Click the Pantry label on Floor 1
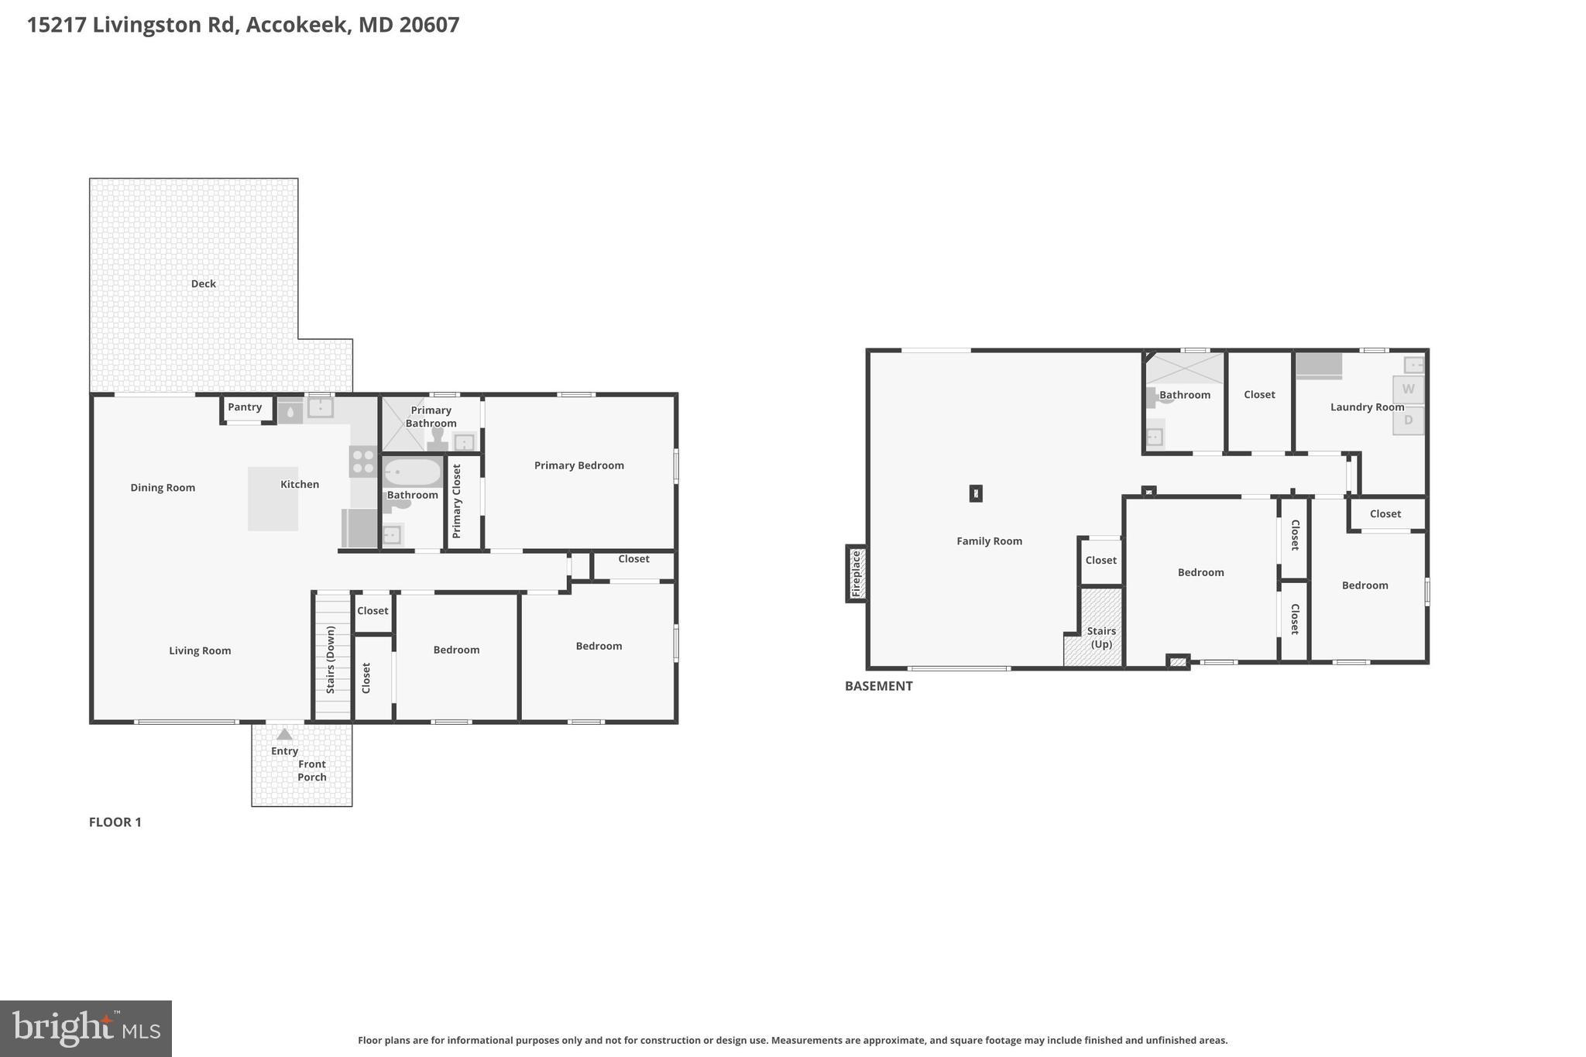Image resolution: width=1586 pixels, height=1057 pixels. pyautogui.click(x=245, y=407)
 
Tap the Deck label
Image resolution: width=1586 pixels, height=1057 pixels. pyautogui.click(x=204, y=283)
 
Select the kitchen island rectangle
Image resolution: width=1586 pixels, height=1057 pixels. pyautogui.click(x=273, y=499)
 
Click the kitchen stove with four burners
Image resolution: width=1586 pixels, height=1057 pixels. pyautogui.click(x=362, y=462)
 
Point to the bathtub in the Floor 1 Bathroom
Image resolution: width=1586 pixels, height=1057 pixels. pyautogui.click(x=412, y=472)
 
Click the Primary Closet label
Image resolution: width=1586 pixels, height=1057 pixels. pyautogui.click(x=457, y=501)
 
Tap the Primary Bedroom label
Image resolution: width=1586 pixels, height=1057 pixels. pyautogui.click(x=578, y=465)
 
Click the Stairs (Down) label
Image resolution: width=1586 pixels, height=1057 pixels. pyautogui.click(x=331, y=660)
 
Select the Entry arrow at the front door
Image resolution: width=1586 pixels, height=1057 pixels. pyautogui.click(x=284, y=735)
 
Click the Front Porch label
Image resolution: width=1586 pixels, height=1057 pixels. pyautogui.click(x=312, y=770)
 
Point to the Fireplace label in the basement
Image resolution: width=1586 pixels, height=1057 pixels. pyautogui.click(x=857, y=574)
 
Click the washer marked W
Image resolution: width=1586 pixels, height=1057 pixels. pyautogui.click(x=1408, y=390)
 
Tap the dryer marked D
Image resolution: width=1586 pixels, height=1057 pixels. pyautogui.click(x=1408, y=420)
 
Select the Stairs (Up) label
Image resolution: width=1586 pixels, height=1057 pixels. pyautogui.click(x=1101, y=637)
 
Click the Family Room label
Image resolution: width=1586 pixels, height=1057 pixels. pyautogui.click(x=989, y=541)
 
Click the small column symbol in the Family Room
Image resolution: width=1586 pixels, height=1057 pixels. pyautogui.click(x=976, y=493)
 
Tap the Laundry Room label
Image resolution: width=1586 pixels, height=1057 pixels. pyautogui.click(x=1367, y=407)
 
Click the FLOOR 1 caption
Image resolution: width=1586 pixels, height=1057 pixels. pyautogui.click(x=115, y=822)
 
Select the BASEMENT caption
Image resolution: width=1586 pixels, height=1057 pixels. pyautogui.click(x=878, y=686)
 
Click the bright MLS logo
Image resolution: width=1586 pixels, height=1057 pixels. pyautogui.click(x=86, y=1028)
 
